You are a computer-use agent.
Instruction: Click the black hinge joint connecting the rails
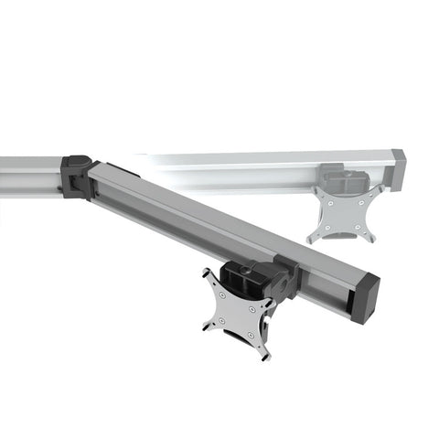click(x=77, y=177)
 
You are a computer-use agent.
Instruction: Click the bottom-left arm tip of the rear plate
click(x=311, y=239)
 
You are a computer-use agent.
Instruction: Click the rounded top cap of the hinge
click(x=77, y=161)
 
